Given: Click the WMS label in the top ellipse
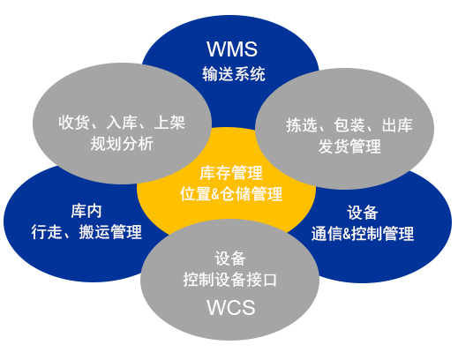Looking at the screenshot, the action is pos(232,49).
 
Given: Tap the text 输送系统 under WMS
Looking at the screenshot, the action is pos(234,74).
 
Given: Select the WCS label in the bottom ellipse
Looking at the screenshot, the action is pos(231,308).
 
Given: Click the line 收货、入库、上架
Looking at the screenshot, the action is pos(122,123).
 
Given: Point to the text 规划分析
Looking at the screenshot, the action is pos(122,144).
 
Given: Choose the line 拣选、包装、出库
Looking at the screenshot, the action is pos(349,125).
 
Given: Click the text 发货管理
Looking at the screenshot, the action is pos(349,146).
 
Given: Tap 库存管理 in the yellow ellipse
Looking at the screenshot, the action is pos(231,173).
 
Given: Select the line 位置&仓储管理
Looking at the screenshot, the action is pos(231,194).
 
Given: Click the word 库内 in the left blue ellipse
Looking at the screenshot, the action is pos(86,211).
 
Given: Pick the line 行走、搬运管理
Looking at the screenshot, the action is pos(86,232).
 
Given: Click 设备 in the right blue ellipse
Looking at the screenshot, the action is pos(363,213).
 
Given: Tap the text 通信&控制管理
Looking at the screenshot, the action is pos(363,234).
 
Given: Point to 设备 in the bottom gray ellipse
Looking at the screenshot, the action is pos(230,259).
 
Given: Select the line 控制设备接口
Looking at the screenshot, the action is pos(230,280).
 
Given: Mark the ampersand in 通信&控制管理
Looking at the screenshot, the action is pos(347,234).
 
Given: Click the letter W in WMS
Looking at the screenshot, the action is pos(216,49).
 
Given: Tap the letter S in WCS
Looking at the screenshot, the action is pos(249,308).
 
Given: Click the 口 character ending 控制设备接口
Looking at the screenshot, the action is pos(270,280).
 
